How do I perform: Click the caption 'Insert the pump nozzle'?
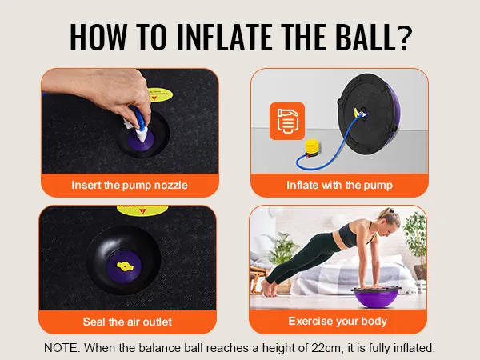(x=130, y=185)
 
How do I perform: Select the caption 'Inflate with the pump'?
(x=339, y=185)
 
